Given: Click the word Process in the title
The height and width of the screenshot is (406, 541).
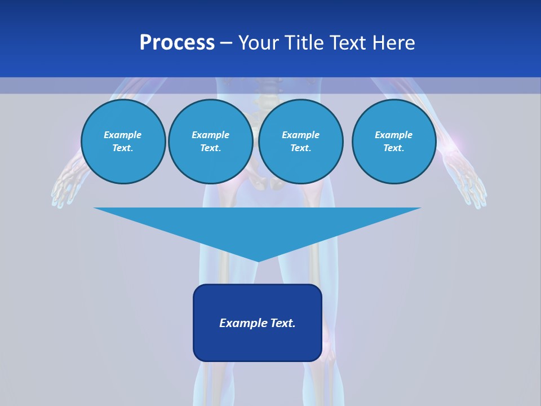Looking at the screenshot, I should (177, 43).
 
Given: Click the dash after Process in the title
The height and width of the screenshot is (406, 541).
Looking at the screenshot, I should (227, 43).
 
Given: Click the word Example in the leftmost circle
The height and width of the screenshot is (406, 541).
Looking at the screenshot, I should (123, 135).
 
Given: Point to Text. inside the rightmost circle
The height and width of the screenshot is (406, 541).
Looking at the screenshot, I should (394, 148).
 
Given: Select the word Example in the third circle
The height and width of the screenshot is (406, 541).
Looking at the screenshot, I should (301, 135).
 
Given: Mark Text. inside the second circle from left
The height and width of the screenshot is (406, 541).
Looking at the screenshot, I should (211, 148).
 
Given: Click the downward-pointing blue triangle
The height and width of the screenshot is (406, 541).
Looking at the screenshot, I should (258, 226).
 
